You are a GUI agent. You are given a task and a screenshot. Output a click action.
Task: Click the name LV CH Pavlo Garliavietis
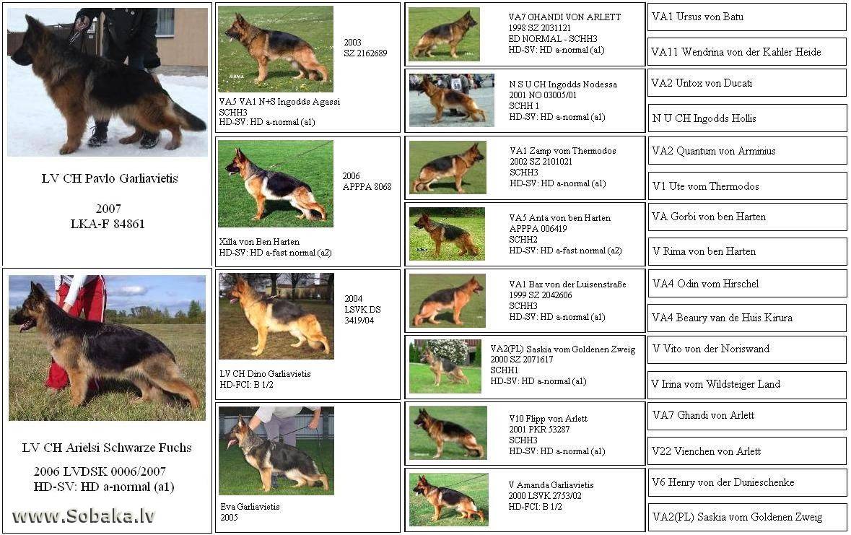pos(110,178)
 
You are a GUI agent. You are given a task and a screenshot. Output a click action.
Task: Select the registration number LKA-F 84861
pos(108,224)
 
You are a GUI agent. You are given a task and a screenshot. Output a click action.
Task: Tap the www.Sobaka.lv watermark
pos(83,516)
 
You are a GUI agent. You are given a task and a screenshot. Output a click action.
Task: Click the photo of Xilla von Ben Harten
pos(276,183)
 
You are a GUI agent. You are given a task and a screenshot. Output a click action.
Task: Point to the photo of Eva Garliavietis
pos(276,451)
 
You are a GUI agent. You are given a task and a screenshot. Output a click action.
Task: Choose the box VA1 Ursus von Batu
pos(747,17)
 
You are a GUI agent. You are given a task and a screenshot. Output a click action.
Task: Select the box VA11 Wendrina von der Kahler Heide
pos(747,52)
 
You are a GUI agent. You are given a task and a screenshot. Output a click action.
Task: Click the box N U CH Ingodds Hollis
pos(747,118)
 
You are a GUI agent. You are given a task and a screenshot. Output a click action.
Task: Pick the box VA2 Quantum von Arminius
pos(747,151)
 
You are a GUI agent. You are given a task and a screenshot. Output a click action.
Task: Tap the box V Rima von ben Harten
pos(747,251)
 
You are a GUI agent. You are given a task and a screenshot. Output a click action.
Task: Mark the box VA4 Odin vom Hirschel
pos(747,284)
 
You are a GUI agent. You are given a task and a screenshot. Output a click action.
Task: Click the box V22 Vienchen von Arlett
pos(747,451)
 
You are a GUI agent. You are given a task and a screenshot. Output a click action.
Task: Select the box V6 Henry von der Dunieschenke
pos(747,482)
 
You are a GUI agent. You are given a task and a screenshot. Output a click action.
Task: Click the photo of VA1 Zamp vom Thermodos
pos(448,168)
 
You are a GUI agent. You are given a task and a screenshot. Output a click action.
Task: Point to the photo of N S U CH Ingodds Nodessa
pos(452,100)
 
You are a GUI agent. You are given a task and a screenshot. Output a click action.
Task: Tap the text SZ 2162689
pos(365,53)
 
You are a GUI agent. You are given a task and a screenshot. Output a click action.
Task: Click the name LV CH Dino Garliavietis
pos(266,374)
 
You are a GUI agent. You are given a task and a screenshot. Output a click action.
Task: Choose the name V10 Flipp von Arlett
pos(548,419)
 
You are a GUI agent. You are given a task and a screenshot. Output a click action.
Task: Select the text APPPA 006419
pos(538,229)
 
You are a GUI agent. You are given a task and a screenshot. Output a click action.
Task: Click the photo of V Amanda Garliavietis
pos(449,499)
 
